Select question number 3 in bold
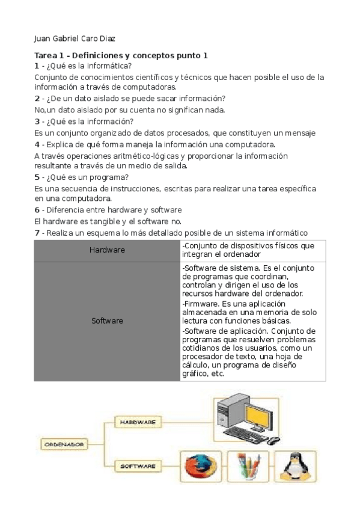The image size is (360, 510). pos(37,121)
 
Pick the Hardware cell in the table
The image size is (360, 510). pos(107,250)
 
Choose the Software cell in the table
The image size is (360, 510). pos(107,321)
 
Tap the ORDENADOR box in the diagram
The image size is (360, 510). pos(63,444)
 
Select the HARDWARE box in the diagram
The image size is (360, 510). pos(138,423)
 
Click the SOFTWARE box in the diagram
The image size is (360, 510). pos(138,465)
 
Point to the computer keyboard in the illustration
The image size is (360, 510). pos(247,434)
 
